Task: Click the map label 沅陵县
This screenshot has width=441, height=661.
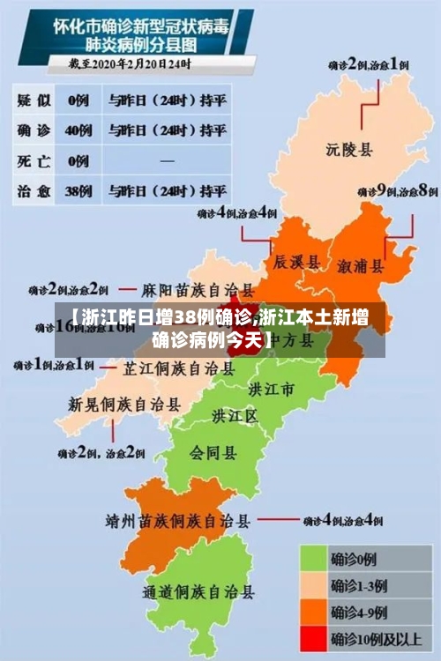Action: pos(349,149)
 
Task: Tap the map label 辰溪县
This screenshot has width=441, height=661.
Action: pos(295,262)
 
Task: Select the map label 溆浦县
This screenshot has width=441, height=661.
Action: pos(361,265)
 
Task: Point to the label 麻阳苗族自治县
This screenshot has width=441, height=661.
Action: pos(198,289)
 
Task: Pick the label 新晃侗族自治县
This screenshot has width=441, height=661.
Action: pos(124,405)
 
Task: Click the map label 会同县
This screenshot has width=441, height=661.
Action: pos(213,453)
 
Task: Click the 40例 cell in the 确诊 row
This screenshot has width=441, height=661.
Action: pos(79,130)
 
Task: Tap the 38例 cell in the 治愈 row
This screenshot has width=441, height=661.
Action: pos(79,190)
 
